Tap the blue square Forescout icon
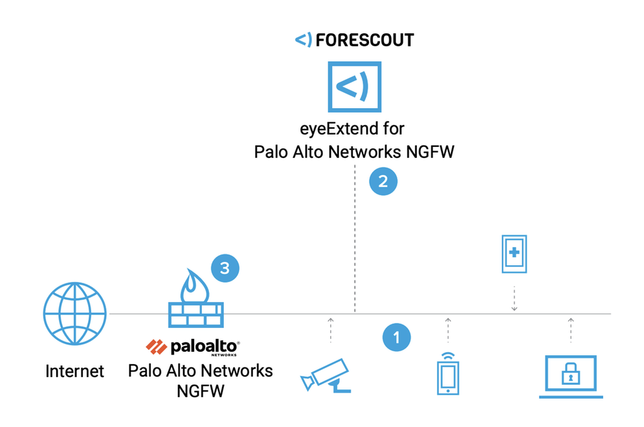click(x=354, y=88)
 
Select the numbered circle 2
click(x=383, y=181)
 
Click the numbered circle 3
click(x=225, y=268)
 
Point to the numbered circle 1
click(x=396, y=337)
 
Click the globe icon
click(x=74, y=314)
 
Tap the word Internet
click(x=74, y=371)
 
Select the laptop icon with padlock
click(x=572, y=376)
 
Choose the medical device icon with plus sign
click(x=515, y=253)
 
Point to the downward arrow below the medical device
click(x=515, y=298)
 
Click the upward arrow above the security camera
click(x=330, y=329)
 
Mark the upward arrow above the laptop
click(x=571, y=329)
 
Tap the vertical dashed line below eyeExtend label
click(x=355, y=239)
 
